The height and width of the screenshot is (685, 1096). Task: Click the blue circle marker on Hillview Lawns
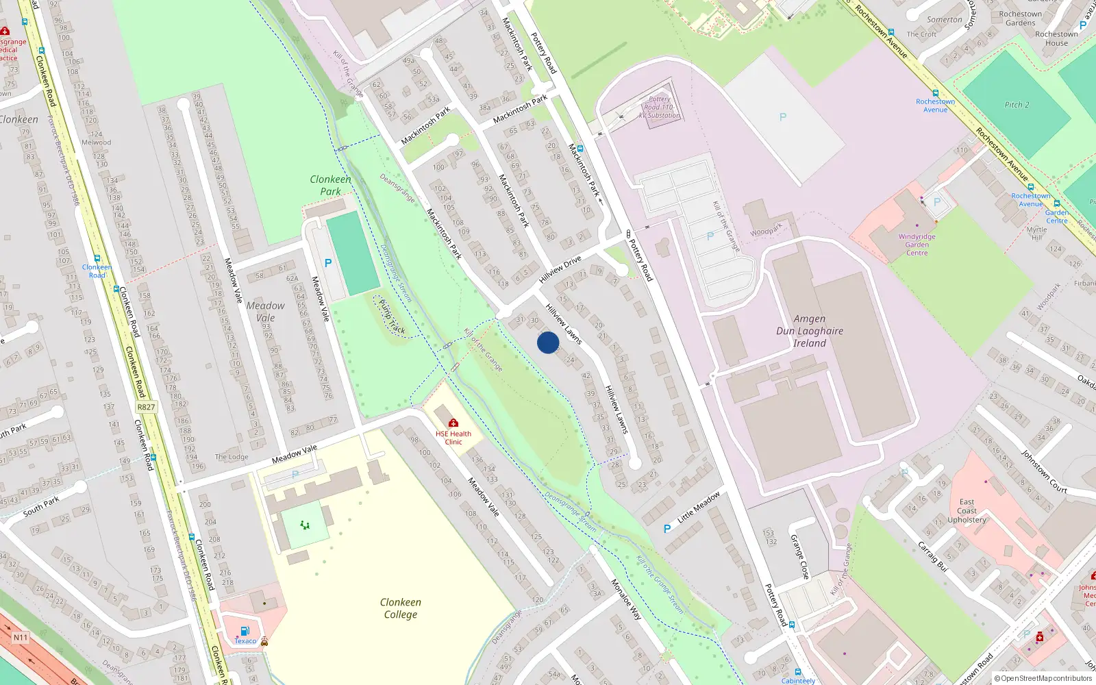tap(548, 342)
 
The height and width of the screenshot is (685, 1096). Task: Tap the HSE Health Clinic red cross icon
tap(453, 423)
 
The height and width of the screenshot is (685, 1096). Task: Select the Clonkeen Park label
tap(330, 185)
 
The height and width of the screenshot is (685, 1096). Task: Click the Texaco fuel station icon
tap(245, 632)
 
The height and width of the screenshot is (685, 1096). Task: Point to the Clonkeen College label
tap(401, 608)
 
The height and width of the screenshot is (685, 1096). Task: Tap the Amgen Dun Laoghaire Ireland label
tap(810, 331)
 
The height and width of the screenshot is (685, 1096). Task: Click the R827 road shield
tap(146, 407)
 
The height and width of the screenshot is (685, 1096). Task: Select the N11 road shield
tap(21, 638)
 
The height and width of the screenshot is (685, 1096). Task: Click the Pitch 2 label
tap(1017, 105)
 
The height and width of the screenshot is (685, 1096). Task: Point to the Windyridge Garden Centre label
tap(917, 245)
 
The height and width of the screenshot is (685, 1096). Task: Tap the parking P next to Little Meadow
tap(667, 529)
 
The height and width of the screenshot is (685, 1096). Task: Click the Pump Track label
tap(392, 317)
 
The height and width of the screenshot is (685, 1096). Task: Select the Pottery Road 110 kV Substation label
tap(659, 108)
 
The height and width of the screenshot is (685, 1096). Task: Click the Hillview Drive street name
tap(560, 269)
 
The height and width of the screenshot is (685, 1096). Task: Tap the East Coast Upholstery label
tap(967, 511)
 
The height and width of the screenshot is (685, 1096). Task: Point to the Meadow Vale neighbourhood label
tap(265, 312)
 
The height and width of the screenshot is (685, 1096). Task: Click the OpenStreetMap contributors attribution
tap(1043, 678)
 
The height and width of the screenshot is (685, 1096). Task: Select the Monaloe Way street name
tap(626, 600)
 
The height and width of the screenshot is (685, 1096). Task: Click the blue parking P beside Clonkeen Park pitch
tap(328, 263)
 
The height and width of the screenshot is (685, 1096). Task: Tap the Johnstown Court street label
tap(1044, 471)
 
